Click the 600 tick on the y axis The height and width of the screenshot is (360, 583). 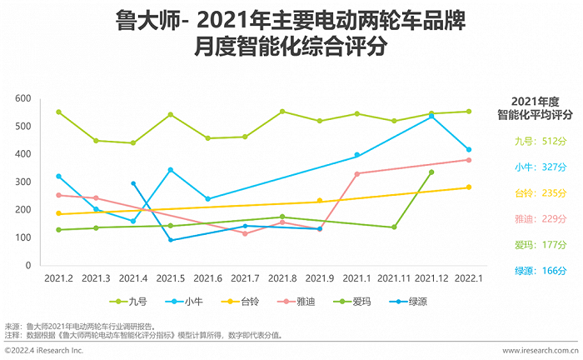pos(22,99)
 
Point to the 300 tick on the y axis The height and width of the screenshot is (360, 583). pos(22,182)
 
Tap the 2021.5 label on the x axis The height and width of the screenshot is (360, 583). pos(170,277)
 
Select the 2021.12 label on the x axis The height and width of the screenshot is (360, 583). pos(431,277)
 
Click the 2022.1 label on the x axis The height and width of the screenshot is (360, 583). pos(469,277)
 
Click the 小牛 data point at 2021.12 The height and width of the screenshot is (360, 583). pos(431,117)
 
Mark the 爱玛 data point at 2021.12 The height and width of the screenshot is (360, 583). pos(431,172)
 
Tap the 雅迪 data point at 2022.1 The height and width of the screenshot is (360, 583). pos(469,160)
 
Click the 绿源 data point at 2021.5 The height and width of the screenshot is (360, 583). pos(171,240)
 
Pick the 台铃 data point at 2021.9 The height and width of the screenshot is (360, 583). pos(320,201)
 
